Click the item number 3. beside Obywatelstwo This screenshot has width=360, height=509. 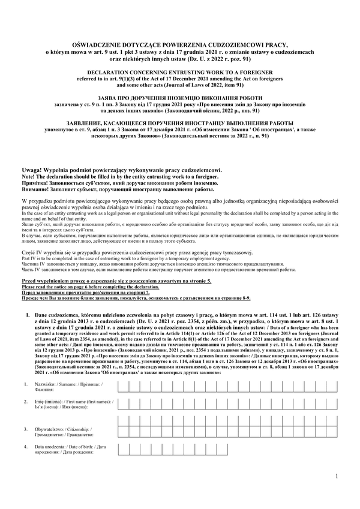(25, 429)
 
